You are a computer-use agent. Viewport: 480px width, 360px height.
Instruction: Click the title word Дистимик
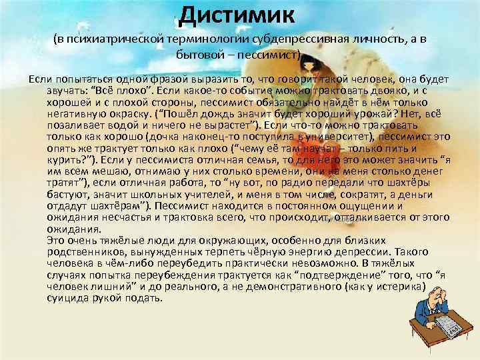[241, 13]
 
